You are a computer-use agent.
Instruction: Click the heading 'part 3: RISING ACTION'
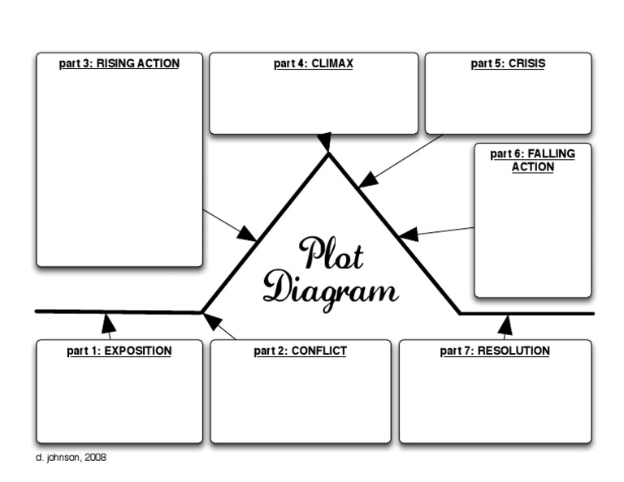point(119,63)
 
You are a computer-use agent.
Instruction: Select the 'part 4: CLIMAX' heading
point(314,63)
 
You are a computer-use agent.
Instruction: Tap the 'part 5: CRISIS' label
point(508,63)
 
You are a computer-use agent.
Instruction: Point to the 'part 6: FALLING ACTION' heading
point(533,160)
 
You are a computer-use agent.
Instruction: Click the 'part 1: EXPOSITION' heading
point(119,351)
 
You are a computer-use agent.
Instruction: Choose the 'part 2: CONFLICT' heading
point(300,351)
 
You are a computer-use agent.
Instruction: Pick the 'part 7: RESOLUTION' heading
point(495,351)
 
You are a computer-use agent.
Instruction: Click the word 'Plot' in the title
point(331,254)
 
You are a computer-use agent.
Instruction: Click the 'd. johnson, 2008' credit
point(71,458)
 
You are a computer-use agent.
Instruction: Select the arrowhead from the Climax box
point(325,143)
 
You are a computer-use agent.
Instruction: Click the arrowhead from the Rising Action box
point(247,234)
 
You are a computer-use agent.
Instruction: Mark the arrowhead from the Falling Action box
point(409,235)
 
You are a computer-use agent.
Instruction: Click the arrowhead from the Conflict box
point(213,322)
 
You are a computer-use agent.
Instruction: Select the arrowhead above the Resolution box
point(505,325)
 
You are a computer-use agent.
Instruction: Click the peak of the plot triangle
point(328,155)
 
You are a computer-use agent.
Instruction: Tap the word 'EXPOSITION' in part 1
point(138,351)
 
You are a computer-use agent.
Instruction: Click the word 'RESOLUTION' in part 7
point(513,351)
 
